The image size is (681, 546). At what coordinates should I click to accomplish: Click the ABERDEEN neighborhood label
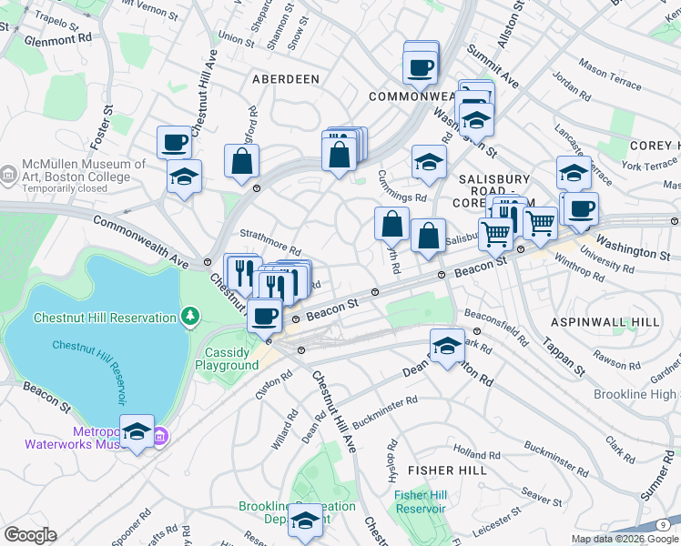286,79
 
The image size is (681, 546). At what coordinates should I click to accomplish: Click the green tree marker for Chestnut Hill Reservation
189,317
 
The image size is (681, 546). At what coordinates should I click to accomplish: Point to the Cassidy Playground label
227,359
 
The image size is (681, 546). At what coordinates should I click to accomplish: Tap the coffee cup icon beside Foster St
174,142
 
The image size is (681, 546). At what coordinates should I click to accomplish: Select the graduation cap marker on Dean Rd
446,347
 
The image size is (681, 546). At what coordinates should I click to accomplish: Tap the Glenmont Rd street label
59,40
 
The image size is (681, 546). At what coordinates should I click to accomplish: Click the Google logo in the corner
30,535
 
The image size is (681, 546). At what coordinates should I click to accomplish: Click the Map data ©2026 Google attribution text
625,539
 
